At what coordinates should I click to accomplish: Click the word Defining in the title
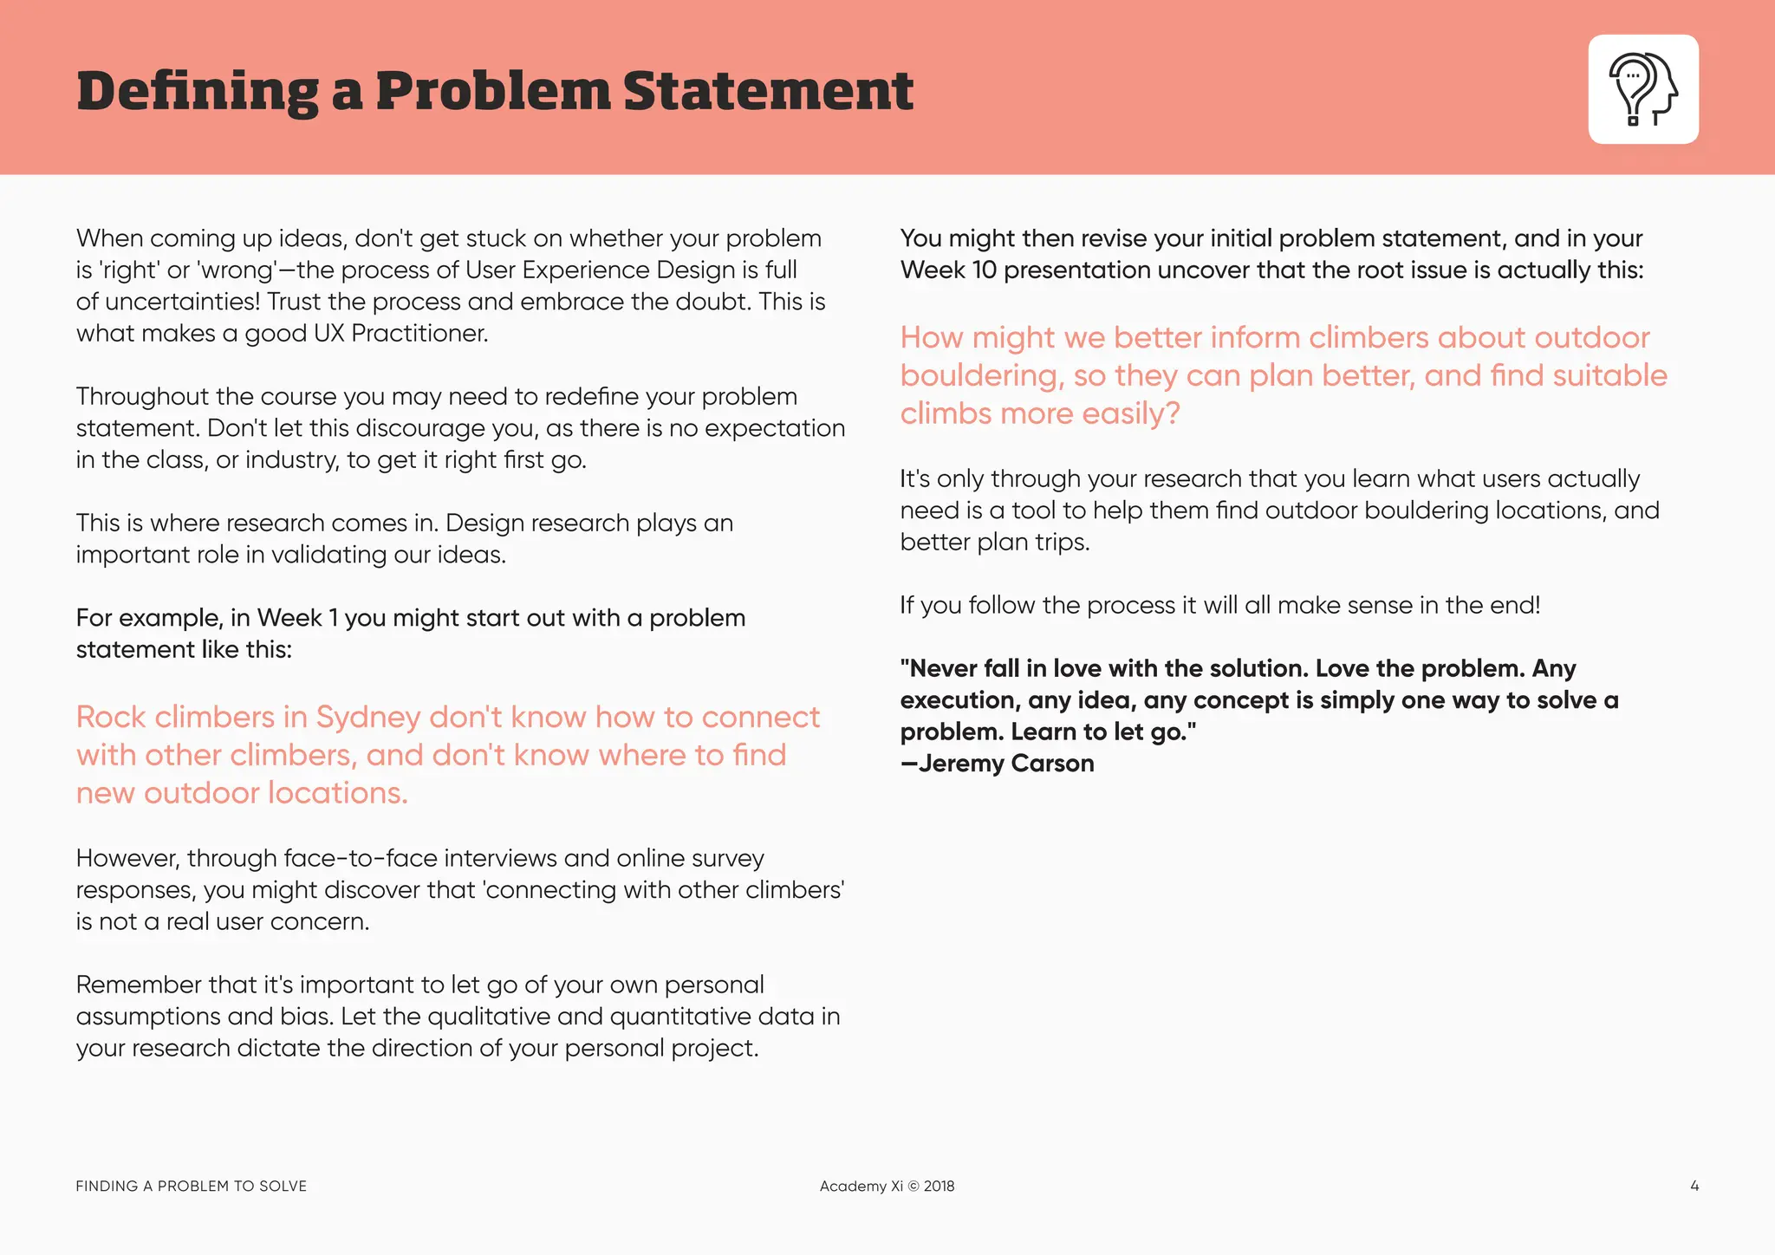[198, 92]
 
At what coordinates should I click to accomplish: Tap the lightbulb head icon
[1642, 89]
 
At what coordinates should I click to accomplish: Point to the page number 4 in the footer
[1694, 1186]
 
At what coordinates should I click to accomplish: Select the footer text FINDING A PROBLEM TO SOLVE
[192, 1186]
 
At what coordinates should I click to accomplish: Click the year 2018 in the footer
[939, 1186]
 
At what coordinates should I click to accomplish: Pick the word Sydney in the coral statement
[368, 717]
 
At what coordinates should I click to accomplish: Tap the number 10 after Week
[985, 270]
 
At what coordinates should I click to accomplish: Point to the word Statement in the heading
[768, 92]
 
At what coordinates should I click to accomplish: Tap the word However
[128, 858]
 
